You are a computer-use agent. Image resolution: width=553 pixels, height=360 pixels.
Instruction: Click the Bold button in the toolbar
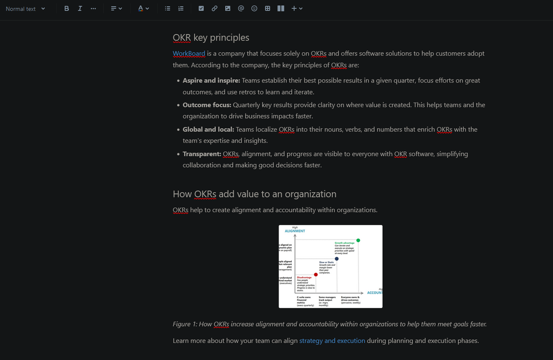point(66,9)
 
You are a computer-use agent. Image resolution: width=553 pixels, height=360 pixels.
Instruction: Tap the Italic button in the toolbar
point(80,9)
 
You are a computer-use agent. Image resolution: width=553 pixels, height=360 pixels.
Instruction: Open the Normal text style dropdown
point(25,9)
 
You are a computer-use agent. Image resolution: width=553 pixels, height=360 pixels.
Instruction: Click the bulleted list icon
point(168,9)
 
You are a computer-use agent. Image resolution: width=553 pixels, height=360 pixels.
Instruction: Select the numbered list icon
point(181,9)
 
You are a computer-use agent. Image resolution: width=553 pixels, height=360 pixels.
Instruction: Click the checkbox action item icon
point(201,9)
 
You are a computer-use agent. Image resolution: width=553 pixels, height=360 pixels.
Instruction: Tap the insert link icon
point(214,9)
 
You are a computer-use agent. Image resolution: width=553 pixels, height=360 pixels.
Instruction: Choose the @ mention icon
point(241,9)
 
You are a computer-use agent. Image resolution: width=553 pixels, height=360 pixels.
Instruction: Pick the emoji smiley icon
point(254,9)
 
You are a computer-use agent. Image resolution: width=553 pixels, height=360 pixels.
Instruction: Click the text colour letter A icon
point(141,9)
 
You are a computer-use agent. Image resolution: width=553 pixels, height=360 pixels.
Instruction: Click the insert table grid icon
point(267,9)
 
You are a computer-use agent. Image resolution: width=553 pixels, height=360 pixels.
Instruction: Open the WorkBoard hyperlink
point(189,54)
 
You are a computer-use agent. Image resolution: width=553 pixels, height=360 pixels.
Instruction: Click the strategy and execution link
point(332,341)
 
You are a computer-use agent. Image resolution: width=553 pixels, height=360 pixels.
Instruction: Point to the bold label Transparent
point(201,154)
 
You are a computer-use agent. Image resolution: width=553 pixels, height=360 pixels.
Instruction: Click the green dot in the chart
point(358,240)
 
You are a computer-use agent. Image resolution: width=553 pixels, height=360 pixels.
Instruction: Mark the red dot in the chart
point(316,274)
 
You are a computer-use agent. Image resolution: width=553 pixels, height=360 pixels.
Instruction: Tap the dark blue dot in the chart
point(337,259)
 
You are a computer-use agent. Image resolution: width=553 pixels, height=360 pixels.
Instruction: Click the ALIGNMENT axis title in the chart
point(295,231)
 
